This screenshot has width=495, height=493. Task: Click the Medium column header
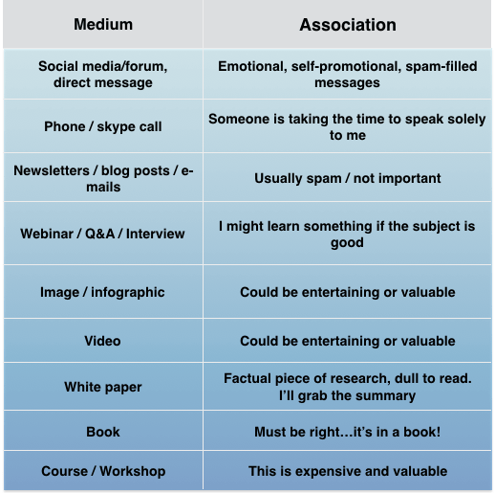[102, 25]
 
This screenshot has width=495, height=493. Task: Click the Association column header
[347, 25]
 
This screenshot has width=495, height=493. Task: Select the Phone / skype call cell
[102, 127]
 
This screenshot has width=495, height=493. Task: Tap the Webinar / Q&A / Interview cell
[102, 234]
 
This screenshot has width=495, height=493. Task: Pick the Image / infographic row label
[102, 292]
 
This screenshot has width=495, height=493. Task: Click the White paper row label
[102, 387]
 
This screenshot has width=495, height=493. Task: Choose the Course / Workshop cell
[102, 471]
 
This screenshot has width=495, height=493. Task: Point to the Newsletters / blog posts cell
[102, 178]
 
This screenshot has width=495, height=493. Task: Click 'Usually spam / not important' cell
[347, 178]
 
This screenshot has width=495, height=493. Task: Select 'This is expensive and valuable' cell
[347, 471]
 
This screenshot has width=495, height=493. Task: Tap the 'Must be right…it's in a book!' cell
[347, 432]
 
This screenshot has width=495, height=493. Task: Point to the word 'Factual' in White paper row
[250, 378]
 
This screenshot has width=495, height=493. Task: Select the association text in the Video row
[347, 341]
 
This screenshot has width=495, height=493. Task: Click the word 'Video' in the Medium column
[102, 341]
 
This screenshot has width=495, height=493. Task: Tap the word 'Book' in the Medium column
[102, 432]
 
